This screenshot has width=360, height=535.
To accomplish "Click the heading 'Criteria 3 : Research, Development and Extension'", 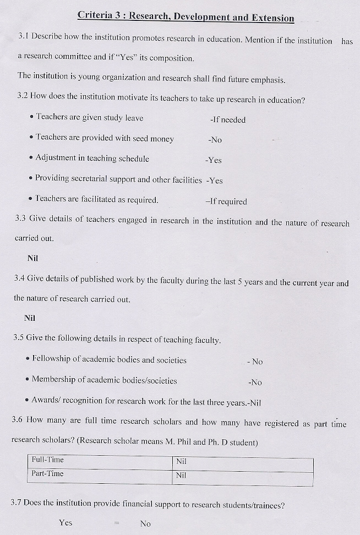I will coord(186,17).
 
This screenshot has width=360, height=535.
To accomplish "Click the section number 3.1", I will coord(23,37).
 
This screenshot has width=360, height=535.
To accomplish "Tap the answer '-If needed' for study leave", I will coord(227,119).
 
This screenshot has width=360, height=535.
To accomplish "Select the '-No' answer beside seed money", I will coord(215,140).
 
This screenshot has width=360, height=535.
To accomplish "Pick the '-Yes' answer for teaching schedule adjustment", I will coord(213,160).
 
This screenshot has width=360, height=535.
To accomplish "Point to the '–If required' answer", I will coord(226,201).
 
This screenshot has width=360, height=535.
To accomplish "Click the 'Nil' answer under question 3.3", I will coord(32,258).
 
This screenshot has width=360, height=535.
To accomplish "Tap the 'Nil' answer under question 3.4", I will coord(30,318).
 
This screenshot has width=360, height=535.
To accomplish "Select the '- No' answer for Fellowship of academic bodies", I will coord(255,362).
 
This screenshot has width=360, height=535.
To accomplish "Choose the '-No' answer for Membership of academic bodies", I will coord(255,382).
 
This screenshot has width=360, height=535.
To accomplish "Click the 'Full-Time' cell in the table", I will coord(47,460).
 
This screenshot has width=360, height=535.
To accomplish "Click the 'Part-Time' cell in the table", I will coord(47,473).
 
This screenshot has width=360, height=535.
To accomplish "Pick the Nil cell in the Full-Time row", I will coord(181,461).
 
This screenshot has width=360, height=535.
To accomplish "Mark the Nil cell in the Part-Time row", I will coord(181,475).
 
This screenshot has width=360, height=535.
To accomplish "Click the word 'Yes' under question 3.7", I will coord(66,522).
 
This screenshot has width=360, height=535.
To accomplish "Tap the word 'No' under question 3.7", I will coord(145,523).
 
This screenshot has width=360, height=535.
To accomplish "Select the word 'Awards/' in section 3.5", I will coord(46,400).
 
